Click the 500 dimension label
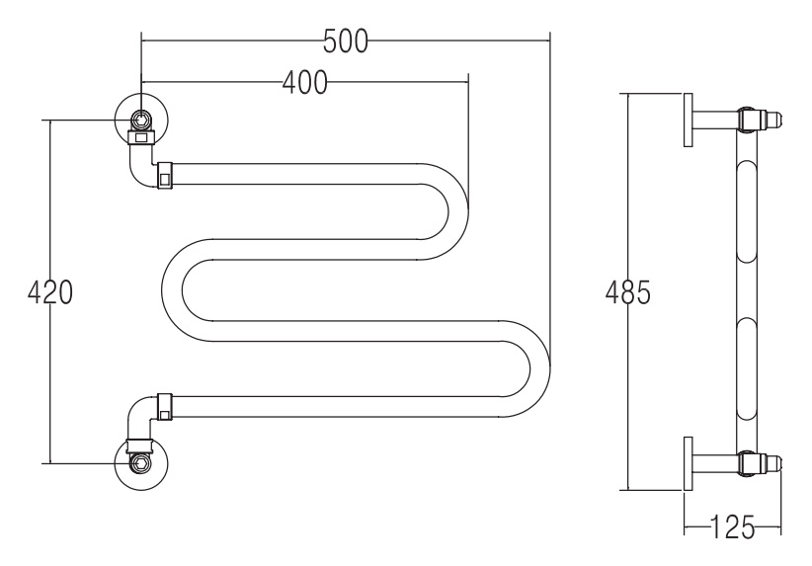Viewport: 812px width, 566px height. coord(346,41)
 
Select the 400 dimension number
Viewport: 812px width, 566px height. coord(305,82)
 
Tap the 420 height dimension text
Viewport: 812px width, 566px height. coord(49,292)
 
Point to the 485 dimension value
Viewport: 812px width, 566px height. coord(627,292)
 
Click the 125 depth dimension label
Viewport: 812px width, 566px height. coord(733,527)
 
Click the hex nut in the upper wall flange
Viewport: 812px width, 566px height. coord(140,120)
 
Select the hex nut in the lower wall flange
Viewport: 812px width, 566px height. coord(140,462)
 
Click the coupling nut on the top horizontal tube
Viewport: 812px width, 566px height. coord(165,175)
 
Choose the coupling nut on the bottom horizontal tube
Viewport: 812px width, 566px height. coord(165,407)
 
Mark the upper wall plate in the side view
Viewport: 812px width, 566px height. coord(689,121)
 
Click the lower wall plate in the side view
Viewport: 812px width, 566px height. coord(689,463)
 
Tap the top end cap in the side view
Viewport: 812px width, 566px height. coord(772,120)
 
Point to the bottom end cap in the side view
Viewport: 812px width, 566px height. coord(772,462)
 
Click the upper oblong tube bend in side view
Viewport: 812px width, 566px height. coord(747,212)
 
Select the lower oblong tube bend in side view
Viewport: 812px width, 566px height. coord(747,369)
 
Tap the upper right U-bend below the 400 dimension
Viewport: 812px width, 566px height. coord(457,211)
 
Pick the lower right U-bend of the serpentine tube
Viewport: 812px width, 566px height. coord(539,369)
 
